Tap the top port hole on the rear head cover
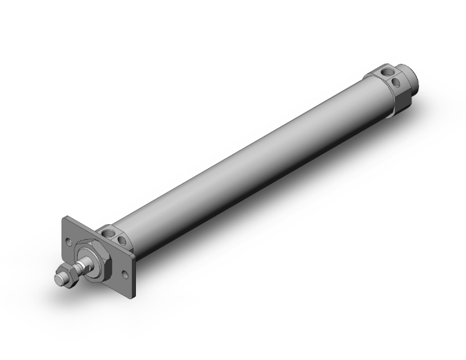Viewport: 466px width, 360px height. [387, 71]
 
